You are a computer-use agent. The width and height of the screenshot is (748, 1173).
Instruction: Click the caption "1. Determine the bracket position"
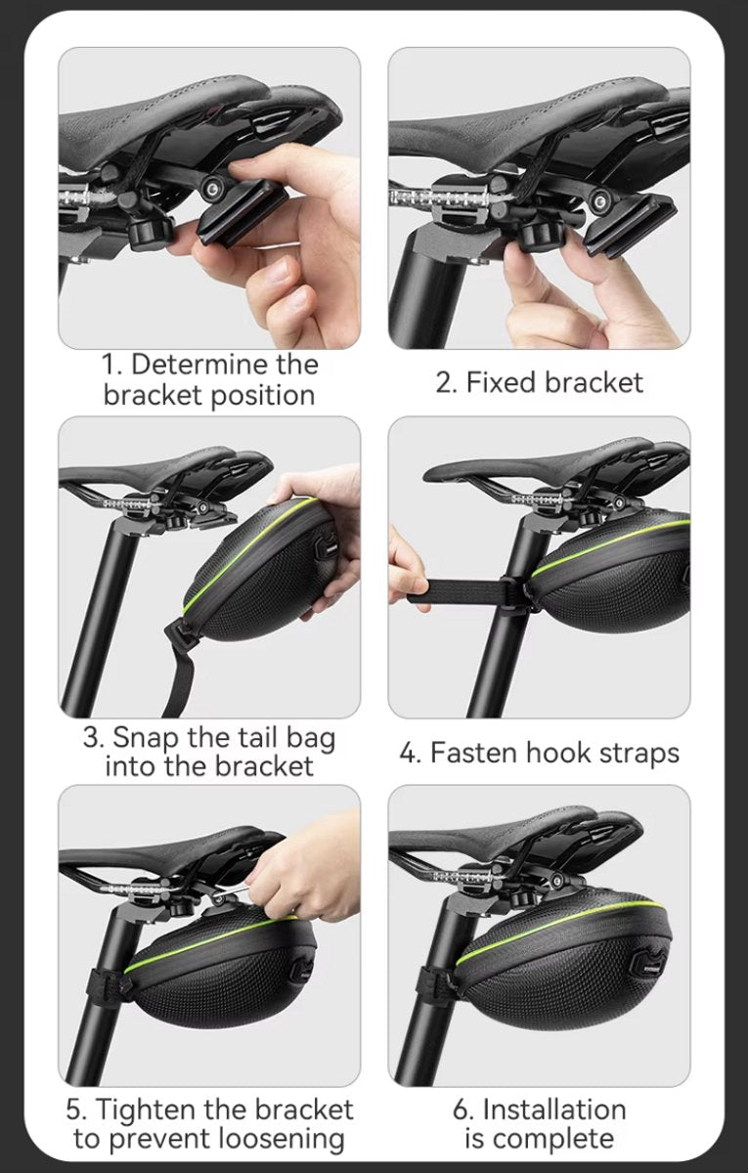pos(209,379)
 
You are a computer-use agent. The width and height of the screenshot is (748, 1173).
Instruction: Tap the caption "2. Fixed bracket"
pos(539,382)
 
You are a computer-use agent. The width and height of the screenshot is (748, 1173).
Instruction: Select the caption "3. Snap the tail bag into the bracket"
pos(209,751)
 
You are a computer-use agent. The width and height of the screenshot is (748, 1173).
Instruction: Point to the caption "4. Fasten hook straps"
pos(539,753)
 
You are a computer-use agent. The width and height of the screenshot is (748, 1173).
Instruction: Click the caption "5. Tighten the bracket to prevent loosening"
pos(209,1124)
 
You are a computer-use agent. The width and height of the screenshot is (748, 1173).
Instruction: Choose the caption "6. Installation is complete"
pos(539,1124)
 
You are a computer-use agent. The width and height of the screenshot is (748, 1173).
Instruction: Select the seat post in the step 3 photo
pos(98,616)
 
